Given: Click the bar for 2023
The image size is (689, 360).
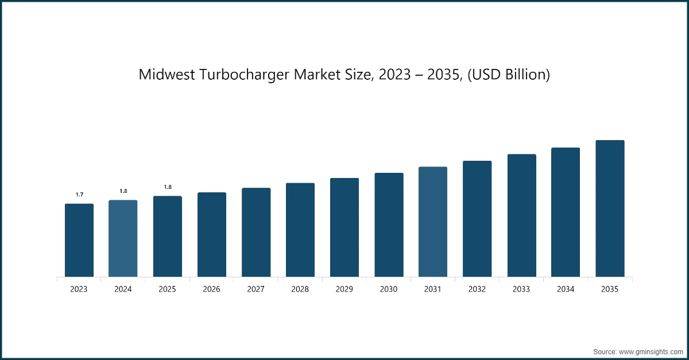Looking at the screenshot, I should (79, 240).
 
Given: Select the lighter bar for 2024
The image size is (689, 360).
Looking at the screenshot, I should (123, 238).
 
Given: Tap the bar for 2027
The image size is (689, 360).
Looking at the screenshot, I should (256, 232).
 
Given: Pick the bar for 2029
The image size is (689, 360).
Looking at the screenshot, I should (344, 227).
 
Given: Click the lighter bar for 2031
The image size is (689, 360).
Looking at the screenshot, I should (433, 222).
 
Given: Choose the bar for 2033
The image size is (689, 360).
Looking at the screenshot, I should (521, 215).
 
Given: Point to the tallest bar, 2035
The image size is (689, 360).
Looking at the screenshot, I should (610, 208).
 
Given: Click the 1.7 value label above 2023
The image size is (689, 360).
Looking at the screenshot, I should (79, 195).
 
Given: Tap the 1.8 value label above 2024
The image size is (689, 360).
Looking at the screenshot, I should (123, 191).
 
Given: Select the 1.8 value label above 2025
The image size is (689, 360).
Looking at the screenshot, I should (168, 187).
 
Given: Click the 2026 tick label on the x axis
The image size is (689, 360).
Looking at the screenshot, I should (211, 289).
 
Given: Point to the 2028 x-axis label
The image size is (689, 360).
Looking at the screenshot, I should (300, 289).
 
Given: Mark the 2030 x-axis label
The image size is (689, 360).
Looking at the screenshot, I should (389, 289).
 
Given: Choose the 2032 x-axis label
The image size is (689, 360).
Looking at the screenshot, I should (477, 289).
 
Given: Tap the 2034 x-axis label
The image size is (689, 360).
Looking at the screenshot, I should (566, 289).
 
